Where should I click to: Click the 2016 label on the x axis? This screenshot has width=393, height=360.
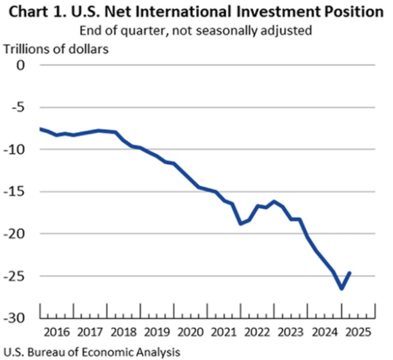tap(57, 332)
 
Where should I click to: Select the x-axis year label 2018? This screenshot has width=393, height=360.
tap(124, 332)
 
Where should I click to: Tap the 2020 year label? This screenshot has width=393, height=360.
tap(191, 332)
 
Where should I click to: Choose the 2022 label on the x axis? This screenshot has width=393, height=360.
tap(258, 332)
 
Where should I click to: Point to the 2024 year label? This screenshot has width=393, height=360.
tap(325, 332)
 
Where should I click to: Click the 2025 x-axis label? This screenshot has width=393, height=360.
tap(359, 332)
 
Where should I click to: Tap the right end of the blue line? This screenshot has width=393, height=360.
tap(350, 273)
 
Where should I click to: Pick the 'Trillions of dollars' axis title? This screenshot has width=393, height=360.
tap(56, 49)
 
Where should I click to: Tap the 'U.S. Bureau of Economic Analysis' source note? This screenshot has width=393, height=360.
tap(92, 351)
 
